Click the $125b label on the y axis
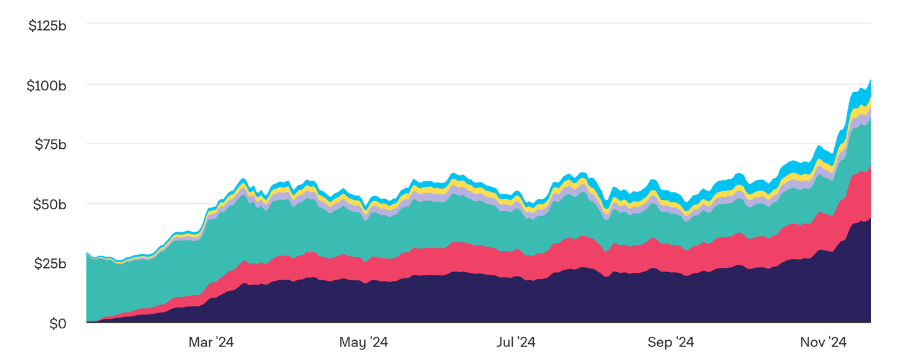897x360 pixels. [47, 26]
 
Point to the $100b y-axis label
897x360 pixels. [47, 86]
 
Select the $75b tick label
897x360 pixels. [50, 145]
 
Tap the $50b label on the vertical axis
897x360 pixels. [50, 205]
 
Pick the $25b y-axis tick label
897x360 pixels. [50, 264]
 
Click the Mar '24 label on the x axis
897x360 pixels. [211, 342]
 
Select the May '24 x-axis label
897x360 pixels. [363, 342]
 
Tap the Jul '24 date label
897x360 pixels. [516, 342]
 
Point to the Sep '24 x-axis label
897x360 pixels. [670, 342]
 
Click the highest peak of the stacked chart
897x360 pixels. [870, 80]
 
